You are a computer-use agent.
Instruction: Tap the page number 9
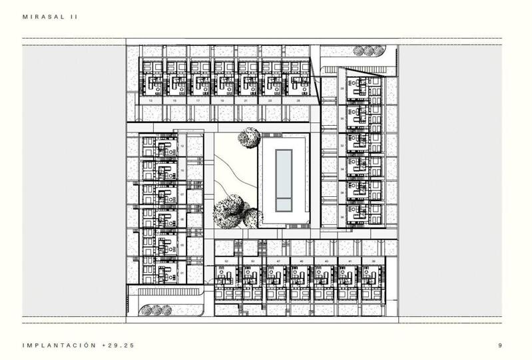pos(499,345)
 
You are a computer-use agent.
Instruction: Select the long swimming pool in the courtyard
pos(284,178)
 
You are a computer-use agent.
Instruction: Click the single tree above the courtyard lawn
pos(249,137)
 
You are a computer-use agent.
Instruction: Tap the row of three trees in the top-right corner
pos(368,51)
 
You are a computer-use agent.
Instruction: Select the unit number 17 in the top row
pos(198,101)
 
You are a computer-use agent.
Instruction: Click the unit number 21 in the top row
pos(246,101)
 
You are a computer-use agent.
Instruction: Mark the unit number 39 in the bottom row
pos(374,262)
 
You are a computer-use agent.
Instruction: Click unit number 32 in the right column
pos(342,144)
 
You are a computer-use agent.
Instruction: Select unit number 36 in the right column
pos(342,216)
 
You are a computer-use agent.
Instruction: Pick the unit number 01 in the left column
pos(182,272)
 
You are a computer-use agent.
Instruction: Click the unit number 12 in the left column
pos(182,146)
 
